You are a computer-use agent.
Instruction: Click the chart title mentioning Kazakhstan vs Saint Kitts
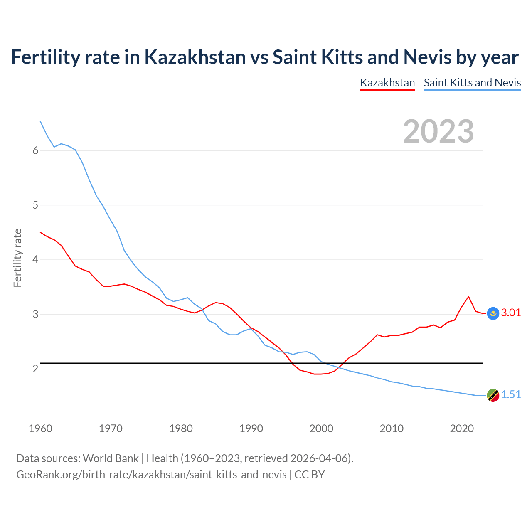[x=265, y=57]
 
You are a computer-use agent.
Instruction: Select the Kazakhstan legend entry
[x=387, y=83]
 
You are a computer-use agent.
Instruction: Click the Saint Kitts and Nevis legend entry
[x=472, y=83]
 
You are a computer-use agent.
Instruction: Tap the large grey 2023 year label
[x=438, y=131]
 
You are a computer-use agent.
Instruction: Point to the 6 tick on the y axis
[x=35, y=151]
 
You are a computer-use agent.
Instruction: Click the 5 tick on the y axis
[x=35, y=205]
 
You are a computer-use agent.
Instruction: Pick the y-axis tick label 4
[x=35, y=260]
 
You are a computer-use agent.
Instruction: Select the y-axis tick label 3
[x=35, y=314]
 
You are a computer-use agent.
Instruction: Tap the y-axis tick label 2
[x=35, y=369]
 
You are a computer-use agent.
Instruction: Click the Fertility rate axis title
[x=17, y=258]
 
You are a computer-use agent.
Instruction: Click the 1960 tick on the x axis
[x=40, y=429]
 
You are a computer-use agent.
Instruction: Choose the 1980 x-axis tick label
[x=181, y=429]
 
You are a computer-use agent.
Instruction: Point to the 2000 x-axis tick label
[x=321, y=429]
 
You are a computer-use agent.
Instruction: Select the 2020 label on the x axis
[x=462, y=429]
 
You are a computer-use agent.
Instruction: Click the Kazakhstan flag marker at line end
[x=493, y=313]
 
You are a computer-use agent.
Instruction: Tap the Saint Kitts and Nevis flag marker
[x=493, y=395]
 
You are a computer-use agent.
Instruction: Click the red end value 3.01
[x=511, y=313]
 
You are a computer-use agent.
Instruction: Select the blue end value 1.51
[x=511, y=395]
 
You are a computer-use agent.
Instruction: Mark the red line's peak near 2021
[x=469, y=296]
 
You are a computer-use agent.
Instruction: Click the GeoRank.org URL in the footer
[x=151, y=475]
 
